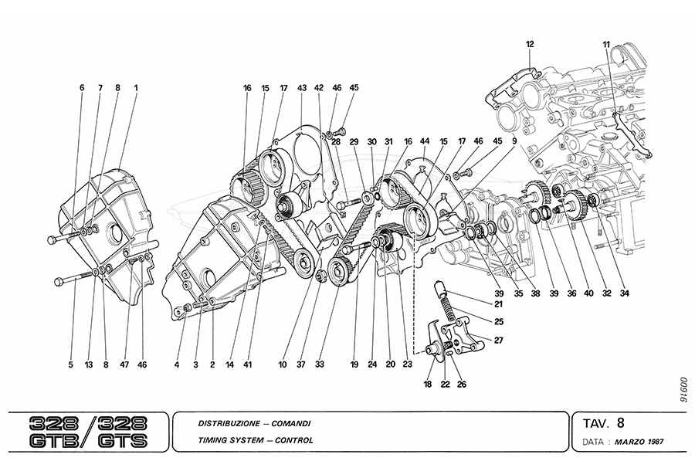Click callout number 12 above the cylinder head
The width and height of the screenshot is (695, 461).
[531, 45]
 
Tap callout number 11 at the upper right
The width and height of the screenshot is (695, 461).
[606, 45]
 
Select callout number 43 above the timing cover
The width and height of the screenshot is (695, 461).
[301, 88]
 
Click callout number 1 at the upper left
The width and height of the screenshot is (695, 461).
[136, 88]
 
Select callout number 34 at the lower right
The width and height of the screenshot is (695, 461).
[624, 293]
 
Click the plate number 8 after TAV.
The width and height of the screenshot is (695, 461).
[621, 422]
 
